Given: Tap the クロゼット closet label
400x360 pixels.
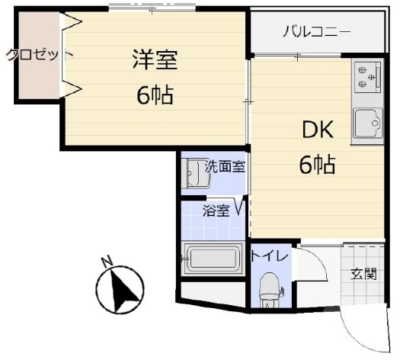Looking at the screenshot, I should (x=38, y=55).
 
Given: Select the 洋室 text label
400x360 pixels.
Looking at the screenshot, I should (x=155, y=60).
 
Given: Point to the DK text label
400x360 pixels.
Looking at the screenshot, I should (x=318, y=130).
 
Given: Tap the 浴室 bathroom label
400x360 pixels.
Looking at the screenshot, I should (x=216, y=211).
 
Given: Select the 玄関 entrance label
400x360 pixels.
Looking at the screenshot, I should (x=363, y=274).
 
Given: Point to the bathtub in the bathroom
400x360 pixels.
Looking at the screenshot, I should (x=213, y=257).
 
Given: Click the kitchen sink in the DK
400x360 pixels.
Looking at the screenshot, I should (x=367, y=124).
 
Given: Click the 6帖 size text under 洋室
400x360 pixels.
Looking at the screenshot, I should (x=155, y=95).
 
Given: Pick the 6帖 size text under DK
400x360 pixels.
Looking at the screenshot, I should (x=317, y=164).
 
